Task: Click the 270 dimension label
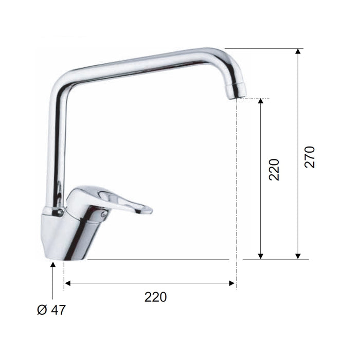pyautogui.click(x=309, y=157)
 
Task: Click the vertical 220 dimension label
pyautogui.click(x=274, y=169)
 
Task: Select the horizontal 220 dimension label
pyautogui.click(x=155, y=297)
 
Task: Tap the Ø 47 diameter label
pyautogui.click(x=51, y=310)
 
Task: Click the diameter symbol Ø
pyautogui.click(x=42, y=310)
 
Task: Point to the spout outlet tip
pyautogui.click(x=237, y=97)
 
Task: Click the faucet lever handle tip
pyautogui.click(x=149, y=210)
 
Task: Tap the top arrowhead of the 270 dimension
pyautogui.click(x=298, y=51)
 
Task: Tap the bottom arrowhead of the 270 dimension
pyautogui.click(x=298, y=256)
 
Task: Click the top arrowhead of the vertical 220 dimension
pyautogui.click(x=260, y=101)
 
